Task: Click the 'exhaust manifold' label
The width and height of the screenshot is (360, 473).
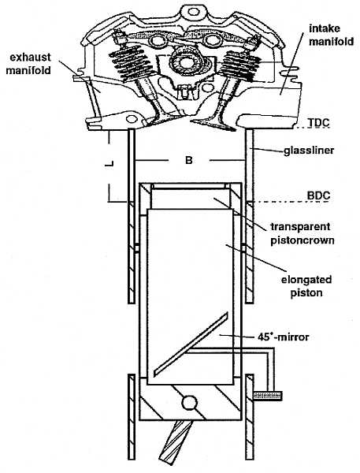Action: pos(28,64)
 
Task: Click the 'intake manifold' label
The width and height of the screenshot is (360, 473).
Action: pos(331,35)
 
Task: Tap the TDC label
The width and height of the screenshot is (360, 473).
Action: pos(318,123)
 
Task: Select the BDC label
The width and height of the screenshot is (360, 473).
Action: pos(318,196)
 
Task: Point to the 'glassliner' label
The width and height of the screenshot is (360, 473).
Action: pos(309,151)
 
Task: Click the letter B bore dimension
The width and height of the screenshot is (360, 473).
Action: pos(189,160)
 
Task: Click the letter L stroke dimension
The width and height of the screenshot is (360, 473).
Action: pos(109,164)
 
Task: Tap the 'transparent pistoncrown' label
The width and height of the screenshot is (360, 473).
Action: pos(302,233)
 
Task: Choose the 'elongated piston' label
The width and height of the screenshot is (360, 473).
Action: pos(306,286)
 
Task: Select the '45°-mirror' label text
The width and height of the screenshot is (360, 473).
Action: pos(284,337)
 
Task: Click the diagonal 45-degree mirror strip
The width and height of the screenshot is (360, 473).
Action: pos(191,345)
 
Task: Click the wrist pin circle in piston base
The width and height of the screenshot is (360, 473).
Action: pos(190,403)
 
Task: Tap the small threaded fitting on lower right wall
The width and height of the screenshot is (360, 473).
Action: pos(268,395)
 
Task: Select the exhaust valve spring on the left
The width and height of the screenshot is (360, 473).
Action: pos(130,63)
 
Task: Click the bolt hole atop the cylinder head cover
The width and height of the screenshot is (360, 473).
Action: pos(191,12)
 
